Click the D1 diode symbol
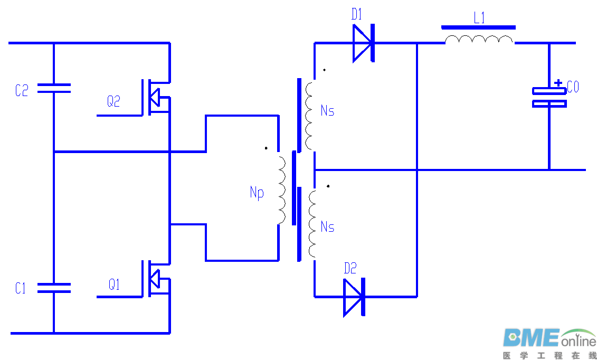click(364, 43)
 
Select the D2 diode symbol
click(354, 297)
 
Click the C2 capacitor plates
click(53, 88)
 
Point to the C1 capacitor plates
click(53, 287)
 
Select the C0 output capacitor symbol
click(549, 97)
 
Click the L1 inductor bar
click(478, 27)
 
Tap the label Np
click(257, 193)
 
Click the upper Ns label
click(327, 111)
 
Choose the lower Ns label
click(327, 227)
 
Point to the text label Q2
click(113, 101)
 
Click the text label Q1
click(114, 285)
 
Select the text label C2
click(22, 91)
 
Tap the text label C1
click(21, 288)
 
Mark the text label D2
click(350, 269)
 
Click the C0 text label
click(573, 87)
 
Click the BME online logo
click(548, 342)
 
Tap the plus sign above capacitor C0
click(558, 83)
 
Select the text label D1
click(357, 15)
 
